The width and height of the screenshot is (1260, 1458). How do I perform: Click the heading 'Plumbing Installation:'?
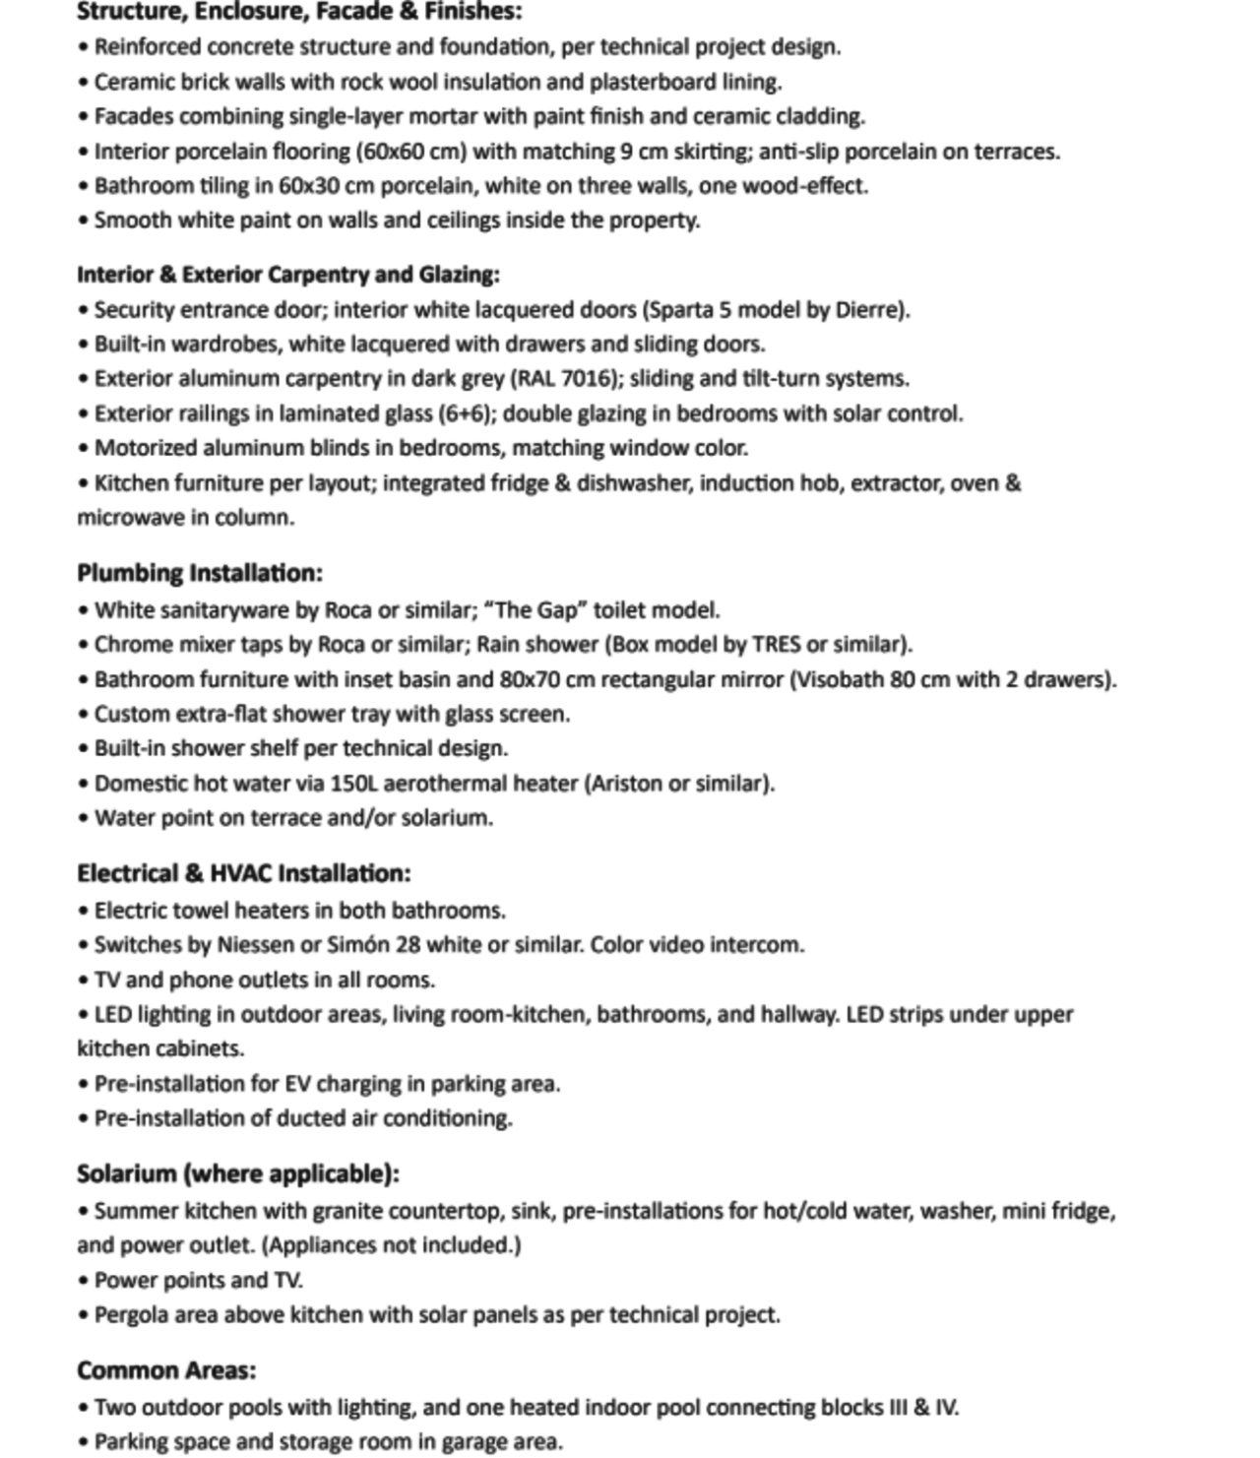200,573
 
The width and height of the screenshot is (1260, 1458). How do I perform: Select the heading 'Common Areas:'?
166,1370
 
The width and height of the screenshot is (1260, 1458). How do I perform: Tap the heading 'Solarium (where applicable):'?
238,1173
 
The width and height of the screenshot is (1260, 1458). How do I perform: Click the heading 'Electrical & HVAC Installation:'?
244,873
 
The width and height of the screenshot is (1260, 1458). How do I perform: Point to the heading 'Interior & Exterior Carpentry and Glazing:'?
288,275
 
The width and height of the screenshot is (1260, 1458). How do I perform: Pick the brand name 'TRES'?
776,645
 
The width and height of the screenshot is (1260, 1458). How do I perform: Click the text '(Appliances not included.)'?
392,1245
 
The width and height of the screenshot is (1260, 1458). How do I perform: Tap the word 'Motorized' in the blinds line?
146,449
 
